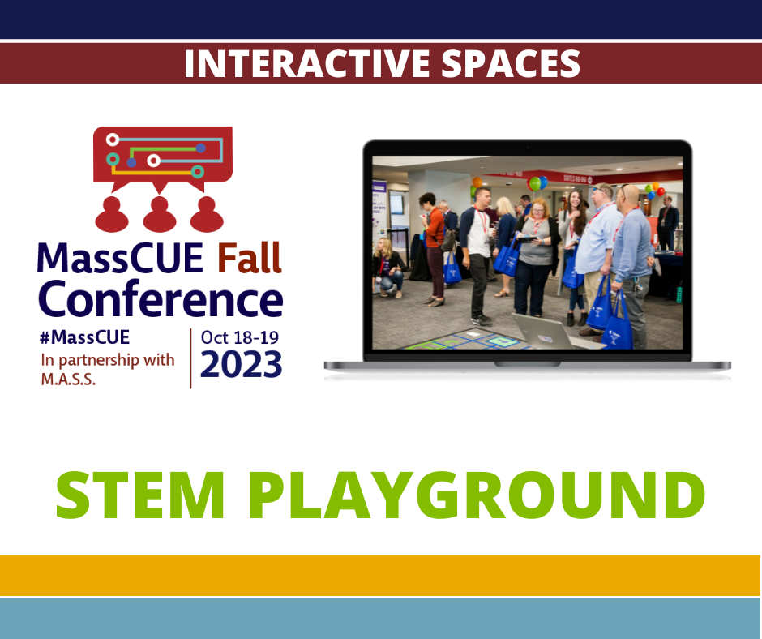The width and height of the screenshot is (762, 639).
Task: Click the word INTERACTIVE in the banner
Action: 307,64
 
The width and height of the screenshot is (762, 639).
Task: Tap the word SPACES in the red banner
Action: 511,64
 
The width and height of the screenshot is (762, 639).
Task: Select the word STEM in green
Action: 141,495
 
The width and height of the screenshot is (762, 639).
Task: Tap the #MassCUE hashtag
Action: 85,337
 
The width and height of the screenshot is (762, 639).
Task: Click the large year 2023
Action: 242,364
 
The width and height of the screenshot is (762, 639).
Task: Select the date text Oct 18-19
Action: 240,337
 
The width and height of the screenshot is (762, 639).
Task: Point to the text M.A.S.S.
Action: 68,379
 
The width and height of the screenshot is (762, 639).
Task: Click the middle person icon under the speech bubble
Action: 160,214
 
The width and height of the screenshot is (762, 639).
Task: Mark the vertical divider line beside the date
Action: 190,359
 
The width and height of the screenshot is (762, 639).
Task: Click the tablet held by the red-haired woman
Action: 529,238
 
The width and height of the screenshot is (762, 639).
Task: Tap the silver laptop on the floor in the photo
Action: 554,332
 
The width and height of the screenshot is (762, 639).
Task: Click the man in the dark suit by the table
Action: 668,222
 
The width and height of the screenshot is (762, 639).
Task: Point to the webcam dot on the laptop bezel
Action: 528,148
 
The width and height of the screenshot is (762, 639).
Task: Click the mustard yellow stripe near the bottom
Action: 381,575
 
